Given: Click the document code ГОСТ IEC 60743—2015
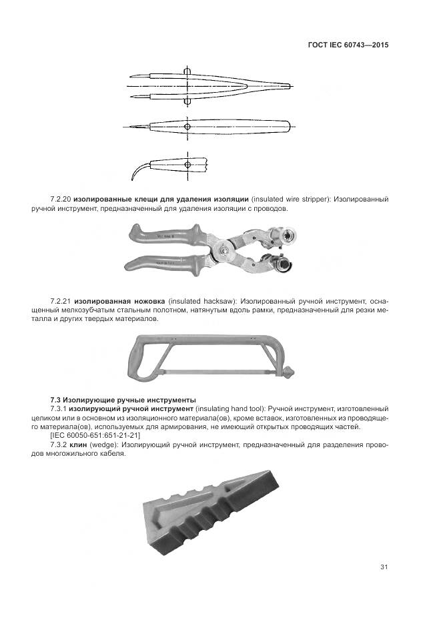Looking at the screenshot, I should [x=348, y=45].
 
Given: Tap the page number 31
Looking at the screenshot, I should [x=384, y=567].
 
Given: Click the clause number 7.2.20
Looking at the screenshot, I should [x=61, y=200].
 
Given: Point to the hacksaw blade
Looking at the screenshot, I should [x=220, y=370].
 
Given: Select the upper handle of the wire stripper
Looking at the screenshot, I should [x=167, y=236].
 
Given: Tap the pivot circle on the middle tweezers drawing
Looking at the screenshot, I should [x=187, y=126].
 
